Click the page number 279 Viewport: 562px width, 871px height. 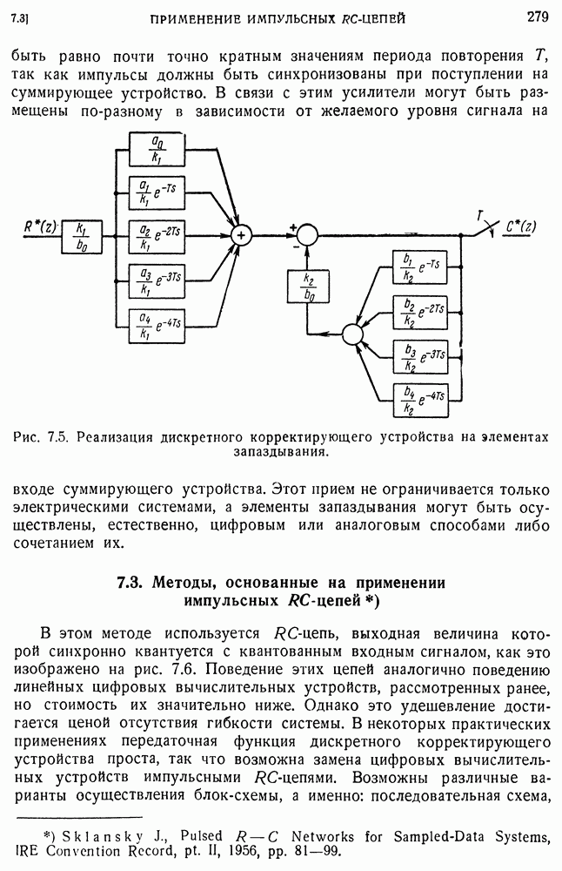coord(536,15)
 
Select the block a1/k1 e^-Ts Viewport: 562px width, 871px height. coord(156,191)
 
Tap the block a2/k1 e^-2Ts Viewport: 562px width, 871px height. coord(156,233)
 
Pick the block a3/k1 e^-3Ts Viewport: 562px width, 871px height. coord(156,279)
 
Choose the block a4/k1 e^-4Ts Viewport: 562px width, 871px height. coord(156,325)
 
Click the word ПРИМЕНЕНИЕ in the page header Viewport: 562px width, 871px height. coord(196,17)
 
